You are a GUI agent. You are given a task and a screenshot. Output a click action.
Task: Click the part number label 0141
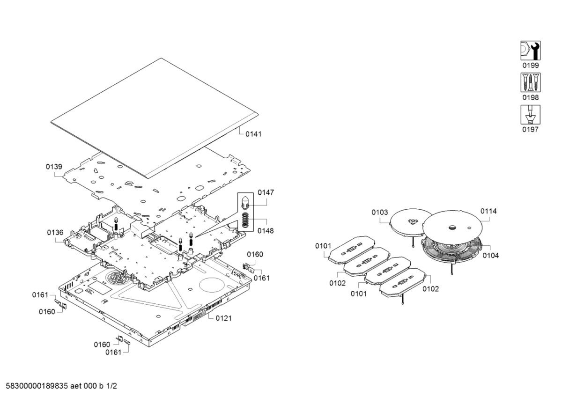pyautogui.click(x=254, y=134)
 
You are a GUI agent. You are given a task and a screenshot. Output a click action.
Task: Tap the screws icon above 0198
pyautogui.click(x=530, y=82)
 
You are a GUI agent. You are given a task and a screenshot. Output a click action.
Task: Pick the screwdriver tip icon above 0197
pyautogui.click(x=530, y=114)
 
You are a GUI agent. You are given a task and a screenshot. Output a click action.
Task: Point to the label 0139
pyautogui.click(x=54, y=167)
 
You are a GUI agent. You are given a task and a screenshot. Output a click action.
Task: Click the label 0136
pyautogui.click(x=55, y=233)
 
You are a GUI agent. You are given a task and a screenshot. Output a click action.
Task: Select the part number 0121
pyautogui.click(x=223, y=318)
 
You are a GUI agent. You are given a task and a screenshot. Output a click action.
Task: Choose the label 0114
pyautogui.click(x=488, y=211)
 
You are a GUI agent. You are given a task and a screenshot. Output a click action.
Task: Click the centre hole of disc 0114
pyautogui.click(x=451, y=228)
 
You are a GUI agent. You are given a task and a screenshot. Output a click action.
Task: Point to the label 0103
pyautogui.click(x=380, y=213)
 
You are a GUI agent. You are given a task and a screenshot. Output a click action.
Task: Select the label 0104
pyautogui.click(x=491, y=256)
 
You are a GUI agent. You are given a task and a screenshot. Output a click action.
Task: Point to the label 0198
pyautogui.click(x=530, y=98)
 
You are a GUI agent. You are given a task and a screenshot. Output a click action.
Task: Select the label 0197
pyautogui.click(x=530, y=130)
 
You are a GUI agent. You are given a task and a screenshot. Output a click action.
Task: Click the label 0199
pyautogui.click(x=530, y=66)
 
